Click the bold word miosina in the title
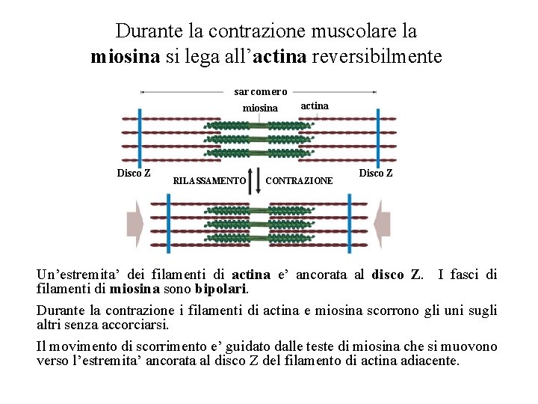(x=125, y=57)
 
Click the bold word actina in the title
(x=279, y=57)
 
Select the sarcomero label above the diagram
(x=261, y=92)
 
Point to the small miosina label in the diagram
(x=260, y=108)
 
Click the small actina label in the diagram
(x=314, y=105)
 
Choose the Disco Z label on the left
(x=134, y=174)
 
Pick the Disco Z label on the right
(x=376, y=173)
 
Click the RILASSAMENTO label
(x=209, y=180)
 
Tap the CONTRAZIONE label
(x=300, y=180)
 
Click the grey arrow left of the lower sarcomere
(x=134, y=223)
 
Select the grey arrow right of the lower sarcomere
(x=382, y=223)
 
